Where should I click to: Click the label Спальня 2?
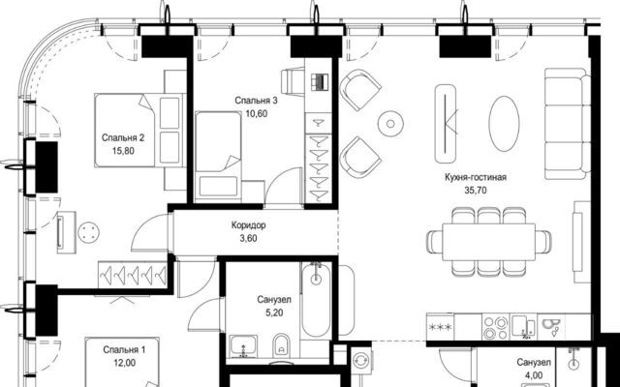(123, 137)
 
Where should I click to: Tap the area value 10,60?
(256, 114)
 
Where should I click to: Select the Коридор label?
(248, 225)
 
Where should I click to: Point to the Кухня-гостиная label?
(476, 177)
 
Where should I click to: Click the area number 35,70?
(476, 191)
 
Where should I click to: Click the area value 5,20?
(274, 313)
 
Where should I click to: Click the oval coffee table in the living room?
(504, 124)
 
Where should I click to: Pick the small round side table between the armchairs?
(390, 124)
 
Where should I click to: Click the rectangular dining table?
(488, 242)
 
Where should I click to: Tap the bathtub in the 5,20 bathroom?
(317, 300)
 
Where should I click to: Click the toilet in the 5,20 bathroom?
(281, 344)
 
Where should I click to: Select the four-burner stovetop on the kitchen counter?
(496, 328)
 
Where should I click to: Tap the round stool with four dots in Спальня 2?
(88, 232)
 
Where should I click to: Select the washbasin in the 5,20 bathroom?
(243, 346)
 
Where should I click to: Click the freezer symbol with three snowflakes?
(440, 327)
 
